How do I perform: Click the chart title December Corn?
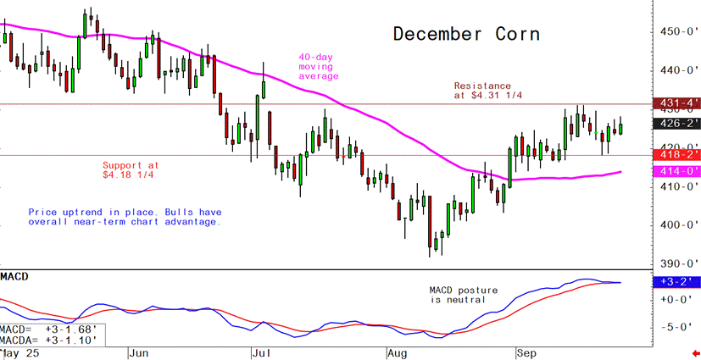(465, 35)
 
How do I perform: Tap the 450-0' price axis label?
(678, 31)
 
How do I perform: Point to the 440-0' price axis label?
(678, 70)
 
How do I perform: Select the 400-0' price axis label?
(678, 225)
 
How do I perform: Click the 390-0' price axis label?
(678, 264)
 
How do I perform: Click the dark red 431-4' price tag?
(676, 103)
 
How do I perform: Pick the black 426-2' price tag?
(676, 123)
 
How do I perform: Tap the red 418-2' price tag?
(676, 155)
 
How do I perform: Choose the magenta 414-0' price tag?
(676, 171)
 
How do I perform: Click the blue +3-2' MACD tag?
(676, 282)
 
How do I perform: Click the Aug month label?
(399, 352)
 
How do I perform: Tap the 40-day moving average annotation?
(318, 67)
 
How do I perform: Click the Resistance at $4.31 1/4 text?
(487, 91)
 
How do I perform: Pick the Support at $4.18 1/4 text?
(131, 170)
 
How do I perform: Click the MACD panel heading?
(16, 277)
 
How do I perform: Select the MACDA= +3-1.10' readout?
(49, 340)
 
